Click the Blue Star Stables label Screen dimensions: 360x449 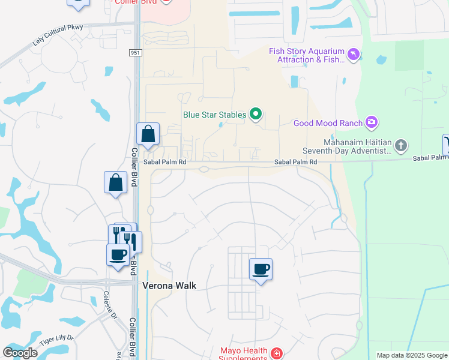tap(215, 113)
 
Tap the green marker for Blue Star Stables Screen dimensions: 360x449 tap(256, 113)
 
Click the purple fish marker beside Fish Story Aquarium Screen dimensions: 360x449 tap(354, 55)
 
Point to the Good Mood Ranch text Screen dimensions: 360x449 tap(328, 124)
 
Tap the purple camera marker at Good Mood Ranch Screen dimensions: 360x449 tap(372, 123)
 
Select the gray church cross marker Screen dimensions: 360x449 tap(401, 145)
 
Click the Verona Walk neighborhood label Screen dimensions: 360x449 tap(169, 286)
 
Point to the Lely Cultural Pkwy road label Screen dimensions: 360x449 tap(57, 36)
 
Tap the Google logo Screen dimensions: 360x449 tap(20, 352)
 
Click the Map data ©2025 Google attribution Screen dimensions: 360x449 tap(412, 355)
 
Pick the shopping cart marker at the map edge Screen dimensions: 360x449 tap(446, 145)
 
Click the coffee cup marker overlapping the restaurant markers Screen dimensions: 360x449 tap(118, 255)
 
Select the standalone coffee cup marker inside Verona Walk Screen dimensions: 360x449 tap(261, 269)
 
